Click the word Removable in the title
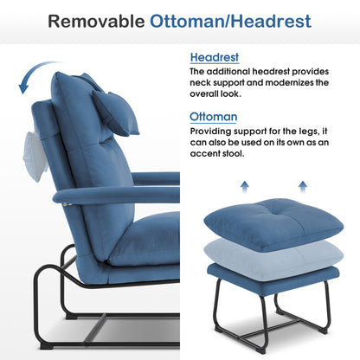point(96,22)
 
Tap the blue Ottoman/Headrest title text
point(230,22)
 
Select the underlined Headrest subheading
point(215,57)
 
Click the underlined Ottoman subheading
point(214,117)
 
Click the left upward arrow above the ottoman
point(245,187)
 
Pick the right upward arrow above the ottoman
point(303,187)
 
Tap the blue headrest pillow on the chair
point(115,112)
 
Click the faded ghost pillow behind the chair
point(35,157)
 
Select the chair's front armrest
point(116,196)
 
